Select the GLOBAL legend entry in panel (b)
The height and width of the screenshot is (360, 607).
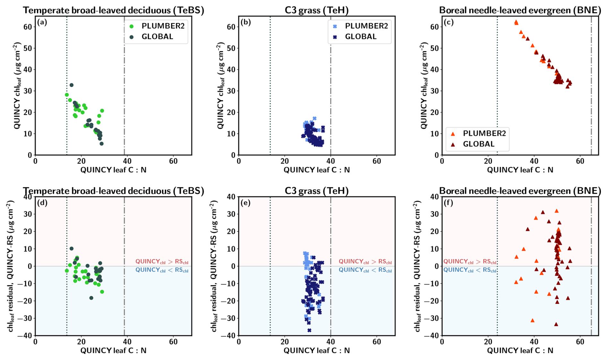(361, 37)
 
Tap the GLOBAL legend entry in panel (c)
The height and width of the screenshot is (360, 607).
(478, 144)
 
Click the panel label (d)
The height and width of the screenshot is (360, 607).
(42, 203)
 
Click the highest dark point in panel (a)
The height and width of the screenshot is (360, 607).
(72, 85)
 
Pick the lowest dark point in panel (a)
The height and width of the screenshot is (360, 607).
(101, 144)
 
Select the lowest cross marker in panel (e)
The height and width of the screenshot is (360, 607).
(309, 330)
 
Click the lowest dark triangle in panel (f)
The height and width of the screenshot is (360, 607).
(556, 324)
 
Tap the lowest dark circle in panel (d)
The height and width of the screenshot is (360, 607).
(91, 298)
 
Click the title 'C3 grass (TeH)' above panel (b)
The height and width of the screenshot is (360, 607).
(316, 10)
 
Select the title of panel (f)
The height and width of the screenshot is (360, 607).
(520, 191)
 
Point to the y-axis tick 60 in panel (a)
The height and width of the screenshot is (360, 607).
(28, 27)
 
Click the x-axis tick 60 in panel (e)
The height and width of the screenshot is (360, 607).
(377, 342)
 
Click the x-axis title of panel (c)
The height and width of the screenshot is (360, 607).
(520, 170)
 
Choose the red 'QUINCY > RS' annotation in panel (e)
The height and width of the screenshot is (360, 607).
(365, 262)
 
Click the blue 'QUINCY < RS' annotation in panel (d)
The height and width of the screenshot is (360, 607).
(162, 270)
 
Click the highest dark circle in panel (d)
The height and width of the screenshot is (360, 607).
(72, 248)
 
